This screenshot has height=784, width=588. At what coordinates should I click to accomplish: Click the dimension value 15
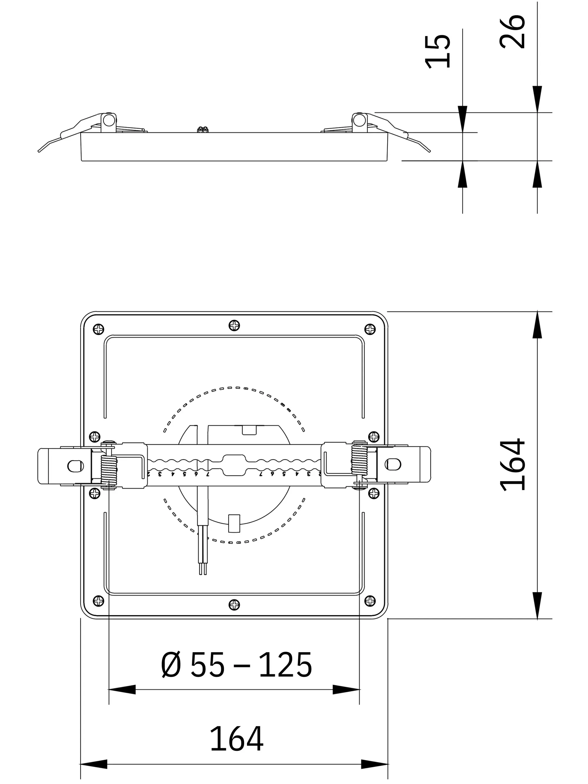pyautogui.click(x=438, y=51)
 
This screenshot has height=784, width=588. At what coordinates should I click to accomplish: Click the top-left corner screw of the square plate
pyautogui.click(x=98, y=329)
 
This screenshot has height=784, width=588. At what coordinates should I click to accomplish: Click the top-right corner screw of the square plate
pyautogui.click(x=370, y=329)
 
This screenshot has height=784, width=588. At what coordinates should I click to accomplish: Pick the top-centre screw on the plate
pyautogui.click(x=234, y=325)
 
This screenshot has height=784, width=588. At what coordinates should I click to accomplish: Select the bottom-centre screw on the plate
pyautogui.click(x=234, y=605)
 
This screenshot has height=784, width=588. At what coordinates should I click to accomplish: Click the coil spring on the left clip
pyautogui.click(x=109, y=471)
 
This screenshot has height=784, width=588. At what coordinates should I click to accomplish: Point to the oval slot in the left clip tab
pyautogui.click(x=76, y=467)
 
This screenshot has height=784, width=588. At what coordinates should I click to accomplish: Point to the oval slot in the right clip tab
pyautogui.click(x=392, y=464)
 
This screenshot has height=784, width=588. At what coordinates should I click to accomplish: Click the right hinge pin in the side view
pyautogui.click(x=359, y=121)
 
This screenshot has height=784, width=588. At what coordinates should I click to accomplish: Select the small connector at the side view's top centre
pyautogui.click(x=203, y=129)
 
